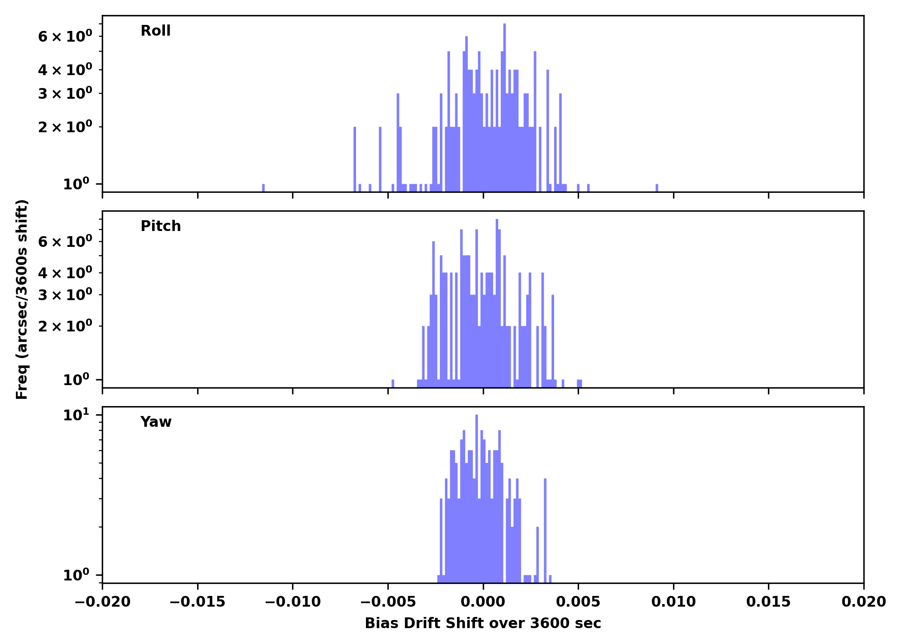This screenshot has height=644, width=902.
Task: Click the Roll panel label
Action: click(155, 31)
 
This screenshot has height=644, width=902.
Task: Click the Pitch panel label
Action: click(161, 226)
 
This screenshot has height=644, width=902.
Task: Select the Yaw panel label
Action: click(156, 422)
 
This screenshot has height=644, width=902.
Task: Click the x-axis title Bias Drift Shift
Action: click(483, 623)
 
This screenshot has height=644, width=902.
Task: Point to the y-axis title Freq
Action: click(22, 299)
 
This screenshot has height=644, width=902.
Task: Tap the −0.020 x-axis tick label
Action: click(102, 602)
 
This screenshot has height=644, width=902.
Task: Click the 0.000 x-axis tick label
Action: click(483, 602)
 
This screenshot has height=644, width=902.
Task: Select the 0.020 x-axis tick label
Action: click(863, 602)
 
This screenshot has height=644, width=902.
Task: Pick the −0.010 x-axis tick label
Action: click(293, 602)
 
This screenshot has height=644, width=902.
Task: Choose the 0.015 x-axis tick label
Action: click(768, 602)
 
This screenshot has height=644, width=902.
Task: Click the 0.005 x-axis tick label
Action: click(578, 602)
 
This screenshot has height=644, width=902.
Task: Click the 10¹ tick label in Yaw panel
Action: click(76, 415)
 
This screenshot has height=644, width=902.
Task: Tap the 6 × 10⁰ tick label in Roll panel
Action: click(65, 36)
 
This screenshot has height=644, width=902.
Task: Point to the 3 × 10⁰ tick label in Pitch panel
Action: click(65, 295)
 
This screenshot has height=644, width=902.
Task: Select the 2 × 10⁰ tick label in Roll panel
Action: click(65, 127)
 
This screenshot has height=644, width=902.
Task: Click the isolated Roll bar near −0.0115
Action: click(263, 188)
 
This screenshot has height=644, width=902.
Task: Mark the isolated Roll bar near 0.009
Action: click(657, 188)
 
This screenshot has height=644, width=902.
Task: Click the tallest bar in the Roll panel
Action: click(504, 107)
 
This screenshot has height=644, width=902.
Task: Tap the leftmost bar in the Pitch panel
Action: click(393, 383)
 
